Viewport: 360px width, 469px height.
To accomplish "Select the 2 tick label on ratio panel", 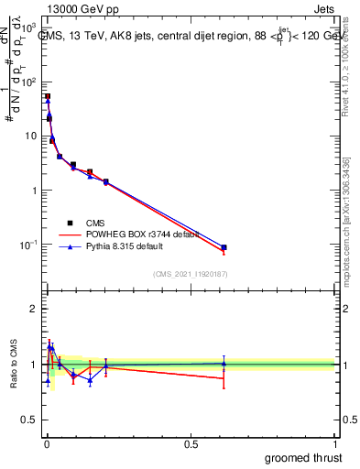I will [x=35, y=309].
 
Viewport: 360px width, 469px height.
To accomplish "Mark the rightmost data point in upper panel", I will [x=224, y=247].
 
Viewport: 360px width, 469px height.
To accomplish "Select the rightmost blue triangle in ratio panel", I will [x=224, y=364].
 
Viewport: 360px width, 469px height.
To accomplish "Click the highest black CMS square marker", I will [x=48, y=96].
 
